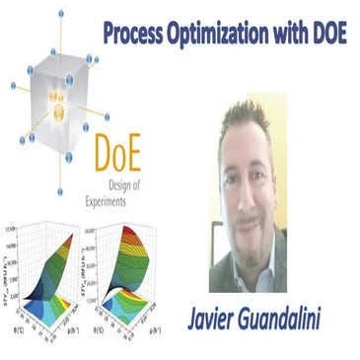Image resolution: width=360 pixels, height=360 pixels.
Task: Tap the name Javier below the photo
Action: point(216,319)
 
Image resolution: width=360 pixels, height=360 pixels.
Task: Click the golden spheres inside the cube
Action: point(58,105)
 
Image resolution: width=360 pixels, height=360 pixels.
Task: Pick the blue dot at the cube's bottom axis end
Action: point(61,191)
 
